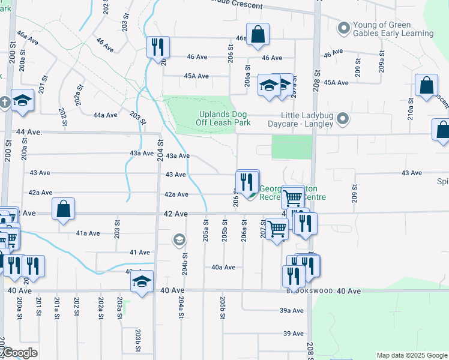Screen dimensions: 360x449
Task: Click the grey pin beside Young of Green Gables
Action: coord(343,28)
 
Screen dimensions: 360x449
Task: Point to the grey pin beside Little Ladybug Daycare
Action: coord(343,118)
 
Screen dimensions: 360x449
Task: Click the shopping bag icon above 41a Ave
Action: coord(64,209)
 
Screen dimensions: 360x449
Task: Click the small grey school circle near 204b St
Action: coord(178,241)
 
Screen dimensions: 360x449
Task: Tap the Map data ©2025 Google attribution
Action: coord(412,355)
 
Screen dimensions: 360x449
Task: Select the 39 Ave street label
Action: coord(294,334)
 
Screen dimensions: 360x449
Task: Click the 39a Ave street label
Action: coord(292,311)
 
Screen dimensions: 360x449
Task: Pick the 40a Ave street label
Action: coord(223,268)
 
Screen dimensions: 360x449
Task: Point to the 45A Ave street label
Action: coord(196,76)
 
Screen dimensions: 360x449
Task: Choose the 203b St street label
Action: coord(138,337)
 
